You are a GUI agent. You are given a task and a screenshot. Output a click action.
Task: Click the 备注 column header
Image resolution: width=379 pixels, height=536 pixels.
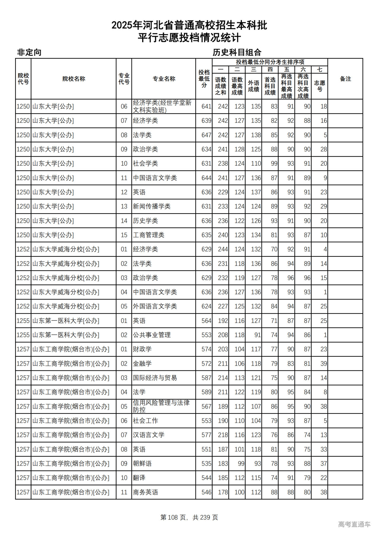click(345, 79)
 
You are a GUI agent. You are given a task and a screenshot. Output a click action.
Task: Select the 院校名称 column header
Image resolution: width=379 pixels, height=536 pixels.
click(74, 79)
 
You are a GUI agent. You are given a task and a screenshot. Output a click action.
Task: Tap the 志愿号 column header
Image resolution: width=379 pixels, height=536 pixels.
click(319, 86)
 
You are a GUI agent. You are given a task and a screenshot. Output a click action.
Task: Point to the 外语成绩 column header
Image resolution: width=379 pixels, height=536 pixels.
click(253, 86)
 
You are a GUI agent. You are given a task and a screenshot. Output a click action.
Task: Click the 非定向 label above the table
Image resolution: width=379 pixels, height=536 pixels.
click(29, 52)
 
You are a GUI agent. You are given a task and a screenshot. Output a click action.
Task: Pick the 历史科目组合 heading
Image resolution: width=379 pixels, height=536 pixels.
click(237, 52)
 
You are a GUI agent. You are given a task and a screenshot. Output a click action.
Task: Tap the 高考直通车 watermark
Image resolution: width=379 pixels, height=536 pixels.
click(354, 524)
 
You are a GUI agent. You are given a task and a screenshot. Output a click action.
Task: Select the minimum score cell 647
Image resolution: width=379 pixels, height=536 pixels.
click(206, 135)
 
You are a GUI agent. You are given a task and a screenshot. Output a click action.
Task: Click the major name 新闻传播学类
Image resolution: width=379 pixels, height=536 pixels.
click(152, 206)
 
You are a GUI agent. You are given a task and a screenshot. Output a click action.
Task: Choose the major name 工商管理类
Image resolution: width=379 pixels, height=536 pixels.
click(148, 235)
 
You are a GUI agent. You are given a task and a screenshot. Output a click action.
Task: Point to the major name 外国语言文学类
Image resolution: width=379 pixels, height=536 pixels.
click(155, 306)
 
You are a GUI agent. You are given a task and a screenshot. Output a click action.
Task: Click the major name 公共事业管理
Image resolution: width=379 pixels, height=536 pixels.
click(152, 335)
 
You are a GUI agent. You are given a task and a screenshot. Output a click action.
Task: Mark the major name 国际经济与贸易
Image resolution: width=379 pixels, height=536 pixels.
click(155, 378)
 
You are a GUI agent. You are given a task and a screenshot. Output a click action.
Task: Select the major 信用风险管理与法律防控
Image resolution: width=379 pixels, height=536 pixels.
click(161, 406)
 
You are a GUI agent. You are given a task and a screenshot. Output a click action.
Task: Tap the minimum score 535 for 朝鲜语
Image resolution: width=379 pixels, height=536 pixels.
click(206, 463)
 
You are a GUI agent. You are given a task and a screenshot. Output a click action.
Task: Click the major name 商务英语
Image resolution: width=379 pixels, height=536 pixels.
click(145, 492)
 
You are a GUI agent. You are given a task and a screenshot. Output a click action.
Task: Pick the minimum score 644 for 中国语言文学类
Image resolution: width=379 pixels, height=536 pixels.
click(206, 178)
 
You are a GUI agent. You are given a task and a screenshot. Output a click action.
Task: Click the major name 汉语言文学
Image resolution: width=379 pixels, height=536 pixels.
click(148, 435)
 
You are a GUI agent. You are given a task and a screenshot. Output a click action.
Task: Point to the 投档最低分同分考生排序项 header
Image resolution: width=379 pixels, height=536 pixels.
click(270, 62)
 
